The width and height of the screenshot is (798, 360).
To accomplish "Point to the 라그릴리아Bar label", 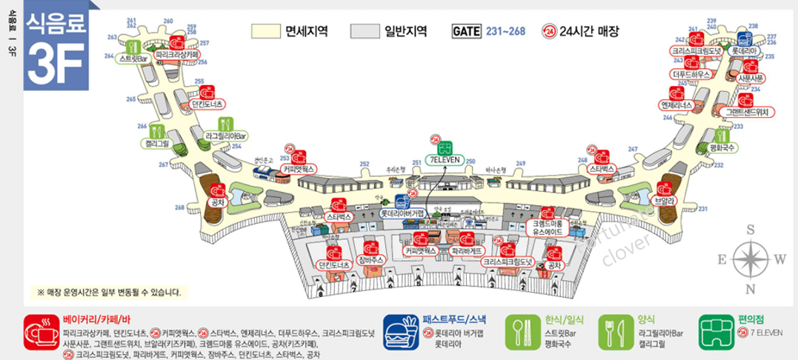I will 226,136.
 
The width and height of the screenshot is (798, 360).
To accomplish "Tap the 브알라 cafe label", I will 664,200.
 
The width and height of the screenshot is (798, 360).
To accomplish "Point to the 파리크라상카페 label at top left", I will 176,55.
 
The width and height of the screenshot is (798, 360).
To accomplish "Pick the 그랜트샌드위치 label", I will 746,112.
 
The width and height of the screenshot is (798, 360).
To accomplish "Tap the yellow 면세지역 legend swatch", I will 265,31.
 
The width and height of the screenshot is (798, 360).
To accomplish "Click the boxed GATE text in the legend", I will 466,31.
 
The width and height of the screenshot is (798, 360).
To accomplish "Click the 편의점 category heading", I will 752,320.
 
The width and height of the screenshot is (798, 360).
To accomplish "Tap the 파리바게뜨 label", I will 467,251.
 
